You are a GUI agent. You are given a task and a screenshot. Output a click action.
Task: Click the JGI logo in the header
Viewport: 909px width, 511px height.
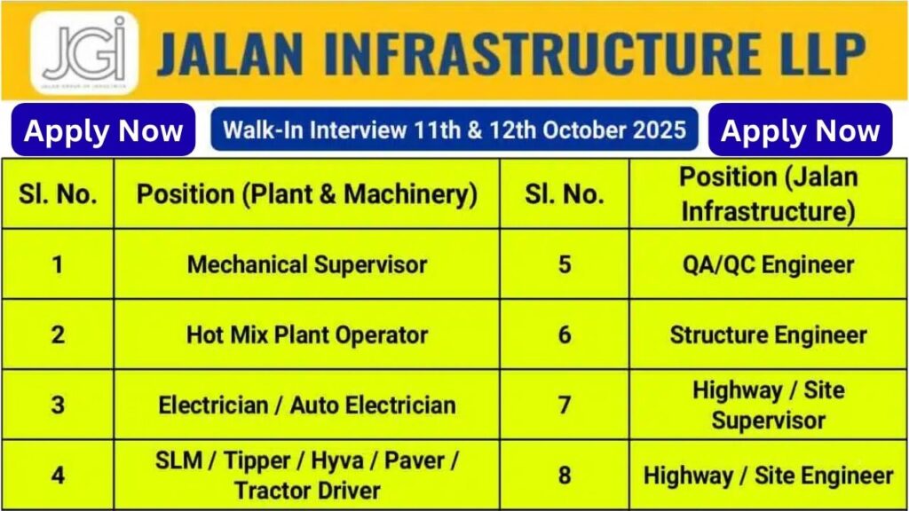(x=84, y=52)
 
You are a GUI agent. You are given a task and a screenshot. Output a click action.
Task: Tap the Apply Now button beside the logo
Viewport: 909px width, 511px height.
(x=103, y=130)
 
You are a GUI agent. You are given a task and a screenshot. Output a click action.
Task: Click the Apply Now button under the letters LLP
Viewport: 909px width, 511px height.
(x=800, y=130)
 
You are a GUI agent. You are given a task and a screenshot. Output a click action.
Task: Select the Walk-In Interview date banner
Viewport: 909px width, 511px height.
(x=454, y=130)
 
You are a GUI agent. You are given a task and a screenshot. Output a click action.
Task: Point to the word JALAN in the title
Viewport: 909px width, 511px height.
(x=230, y=53)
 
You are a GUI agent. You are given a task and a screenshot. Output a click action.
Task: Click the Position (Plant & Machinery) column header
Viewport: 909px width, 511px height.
(x=306, y=194)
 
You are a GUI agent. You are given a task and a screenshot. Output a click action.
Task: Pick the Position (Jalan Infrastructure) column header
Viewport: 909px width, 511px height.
(x=768, y=194)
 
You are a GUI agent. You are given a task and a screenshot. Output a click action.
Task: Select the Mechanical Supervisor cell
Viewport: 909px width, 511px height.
(x=306, y=264)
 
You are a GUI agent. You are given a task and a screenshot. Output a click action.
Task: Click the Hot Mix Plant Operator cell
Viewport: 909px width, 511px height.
(x=306, y=334)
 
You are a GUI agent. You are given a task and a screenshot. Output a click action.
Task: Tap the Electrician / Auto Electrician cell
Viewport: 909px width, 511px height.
(x=306, y=405)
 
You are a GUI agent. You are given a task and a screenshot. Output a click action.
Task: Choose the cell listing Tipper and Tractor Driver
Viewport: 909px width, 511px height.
(x=306, y=476)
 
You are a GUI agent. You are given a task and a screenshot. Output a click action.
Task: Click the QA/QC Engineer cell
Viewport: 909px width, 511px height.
(x=768, y=264)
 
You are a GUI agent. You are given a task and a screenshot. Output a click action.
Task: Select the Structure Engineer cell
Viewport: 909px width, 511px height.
(x=768, y=334)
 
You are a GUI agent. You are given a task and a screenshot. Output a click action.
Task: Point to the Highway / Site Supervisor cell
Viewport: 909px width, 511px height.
(x=768, y=405)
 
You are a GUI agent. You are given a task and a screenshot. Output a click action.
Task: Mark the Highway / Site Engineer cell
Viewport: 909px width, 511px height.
(x=768, y=476)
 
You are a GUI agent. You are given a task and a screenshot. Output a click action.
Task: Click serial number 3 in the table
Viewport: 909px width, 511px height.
(x=58, y=405)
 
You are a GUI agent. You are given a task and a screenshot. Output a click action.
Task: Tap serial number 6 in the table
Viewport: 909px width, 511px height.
(x=565, y=334)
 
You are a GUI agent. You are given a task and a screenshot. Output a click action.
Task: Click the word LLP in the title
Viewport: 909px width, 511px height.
(x=808, y=53)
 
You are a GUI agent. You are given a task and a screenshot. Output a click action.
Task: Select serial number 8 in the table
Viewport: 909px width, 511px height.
(x=565, y=476)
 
